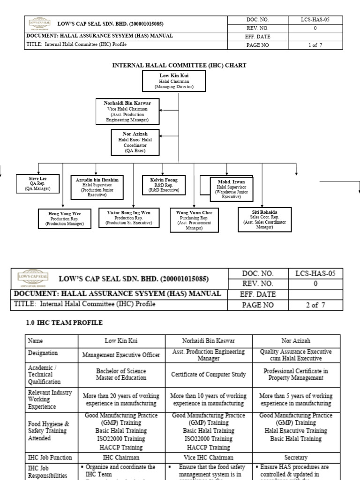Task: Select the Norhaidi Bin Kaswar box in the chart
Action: coord(127,111)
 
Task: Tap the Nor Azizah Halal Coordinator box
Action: coord(135,142)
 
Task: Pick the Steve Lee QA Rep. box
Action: coord(37,183)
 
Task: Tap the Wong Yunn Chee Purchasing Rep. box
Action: coord(194,220)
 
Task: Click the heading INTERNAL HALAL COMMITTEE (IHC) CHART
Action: coord(179,65)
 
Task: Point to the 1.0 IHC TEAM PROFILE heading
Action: coord(64,323)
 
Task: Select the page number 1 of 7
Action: coord(315,45)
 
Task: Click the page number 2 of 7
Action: coord(315,305)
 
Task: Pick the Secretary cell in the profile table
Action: coord(296,457)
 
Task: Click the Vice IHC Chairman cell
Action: coord(209,457)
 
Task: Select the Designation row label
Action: coord(43,353)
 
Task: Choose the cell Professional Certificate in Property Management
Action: coord(296,374)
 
